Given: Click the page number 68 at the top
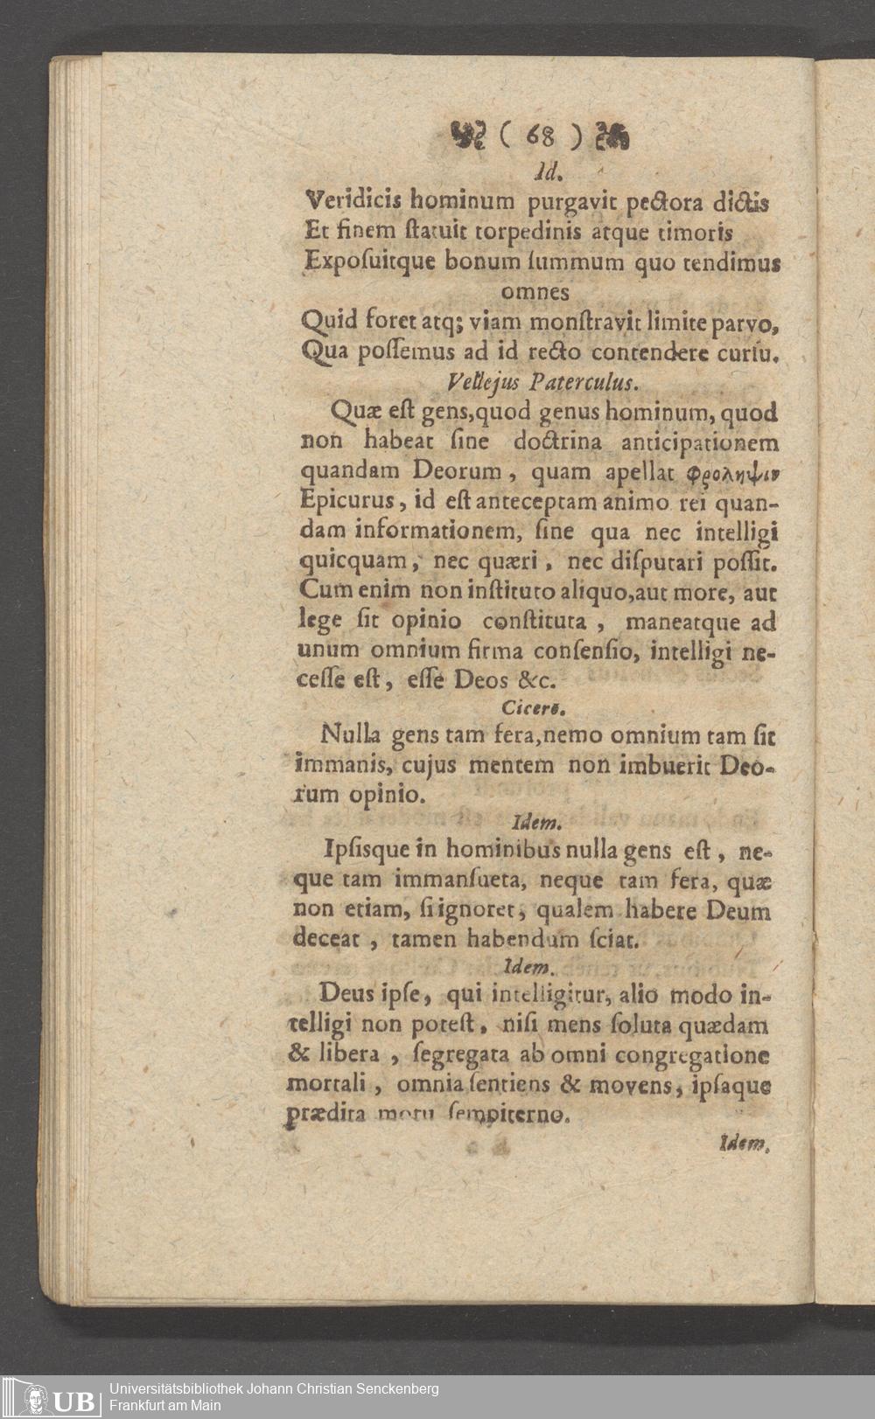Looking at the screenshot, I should [x=540, y=136].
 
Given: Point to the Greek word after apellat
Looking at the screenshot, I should [x=735, y=472].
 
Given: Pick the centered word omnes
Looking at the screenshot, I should [x=535, y=291].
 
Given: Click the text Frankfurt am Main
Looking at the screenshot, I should [x=165, y=1405].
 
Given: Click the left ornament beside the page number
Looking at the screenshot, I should [x=472, y=136].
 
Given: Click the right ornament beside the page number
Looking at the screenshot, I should [x=612, y=136].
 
